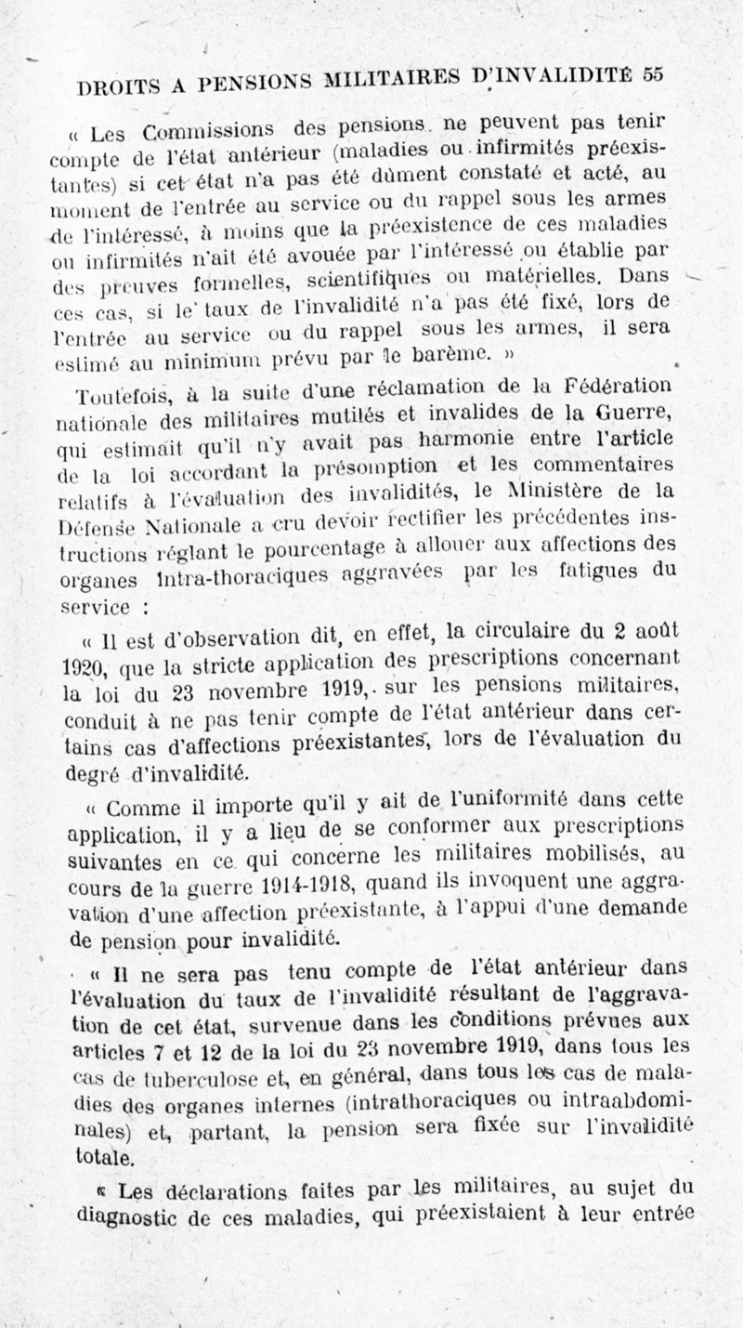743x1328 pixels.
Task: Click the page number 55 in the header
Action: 653,76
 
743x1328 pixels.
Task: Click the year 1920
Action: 88,666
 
